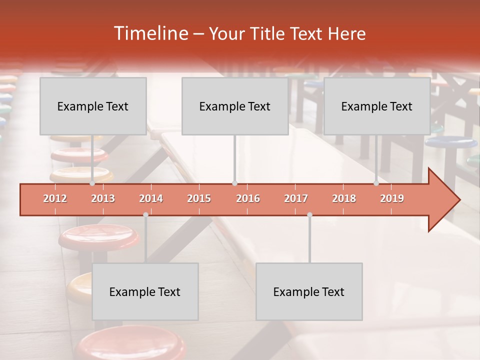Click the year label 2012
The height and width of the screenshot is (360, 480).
click(55, 198)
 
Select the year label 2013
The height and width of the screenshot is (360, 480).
click(103, 198)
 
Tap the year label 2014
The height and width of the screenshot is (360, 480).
click(151, 198)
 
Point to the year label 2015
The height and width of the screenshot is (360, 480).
click(199, 198)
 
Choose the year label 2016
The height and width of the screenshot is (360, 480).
click(248, 198)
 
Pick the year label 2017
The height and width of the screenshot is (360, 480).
click(296, 198)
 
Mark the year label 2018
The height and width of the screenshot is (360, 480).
click(344, 198)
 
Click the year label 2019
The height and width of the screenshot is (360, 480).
click(392, 198)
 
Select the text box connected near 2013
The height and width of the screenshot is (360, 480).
click(93, 106)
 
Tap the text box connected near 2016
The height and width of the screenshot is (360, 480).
click(235, 106)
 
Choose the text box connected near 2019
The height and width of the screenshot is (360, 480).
click(377, 106)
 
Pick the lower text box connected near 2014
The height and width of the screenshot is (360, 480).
click(145, 291)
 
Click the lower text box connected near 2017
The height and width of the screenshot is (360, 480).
click(309, 291)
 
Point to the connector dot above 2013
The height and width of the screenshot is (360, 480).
click(92, 183)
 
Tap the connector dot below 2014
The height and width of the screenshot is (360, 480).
click(145, 214)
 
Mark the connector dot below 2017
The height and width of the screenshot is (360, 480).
click(309, 214)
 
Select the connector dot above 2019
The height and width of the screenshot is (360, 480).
click(376, 183)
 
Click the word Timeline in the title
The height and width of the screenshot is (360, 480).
click(150, 33)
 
